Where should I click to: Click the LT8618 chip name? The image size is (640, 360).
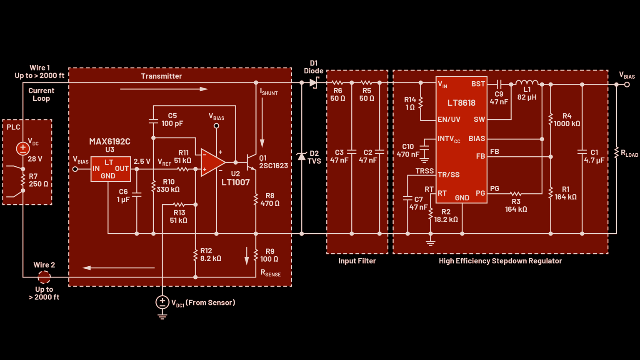click(x=461, y=103)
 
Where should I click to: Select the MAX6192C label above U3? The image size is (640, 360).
click(x=110, y=142)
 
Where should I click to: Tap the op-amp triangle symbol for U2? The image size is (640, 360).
click(x=212, y=162)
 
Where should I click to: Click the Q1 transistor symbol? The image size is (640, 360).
click(x=251, y=162)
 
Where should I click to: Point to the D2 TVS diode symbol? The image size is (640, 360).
click(x=302, y=156)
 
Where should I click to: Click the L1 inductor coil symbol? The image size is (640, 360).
click(x=527, y=82)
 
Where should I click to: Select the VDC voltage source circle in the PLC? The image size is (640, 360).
click(x=23, y=148)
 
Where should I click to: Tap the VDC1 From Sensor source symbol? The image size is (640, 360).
click(x=162, y=302)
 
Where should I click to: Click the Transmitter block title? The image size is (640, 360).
click(x=161, y=76)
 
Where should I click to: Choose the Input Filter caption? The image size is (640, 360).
click(x=357, y=261)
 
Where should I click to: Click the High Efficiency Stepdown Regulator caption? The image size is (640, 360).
click(x=500, y=261)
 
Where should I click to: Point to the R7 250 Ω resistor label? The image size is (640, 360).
click(x=38, y=180)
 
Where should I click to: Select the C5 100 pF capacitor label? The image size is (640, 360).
click(x=172, y=120)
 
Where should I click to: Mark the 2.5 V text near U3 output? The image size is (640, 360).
click(x=142, y=162)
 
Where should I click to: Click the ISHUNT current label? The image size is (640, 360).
click(x=269, y=92)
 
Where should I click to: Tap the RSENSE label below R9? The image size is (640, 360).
click(x=270, y=273)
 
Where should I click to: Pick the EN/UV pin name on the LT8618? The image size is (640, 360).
click(x=449, y=120)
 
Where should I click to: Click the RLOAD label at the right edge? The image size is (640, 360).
click(x=629, y=154)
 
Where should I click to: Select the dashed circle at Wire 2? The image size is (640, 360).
click(x=44, y=277)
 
